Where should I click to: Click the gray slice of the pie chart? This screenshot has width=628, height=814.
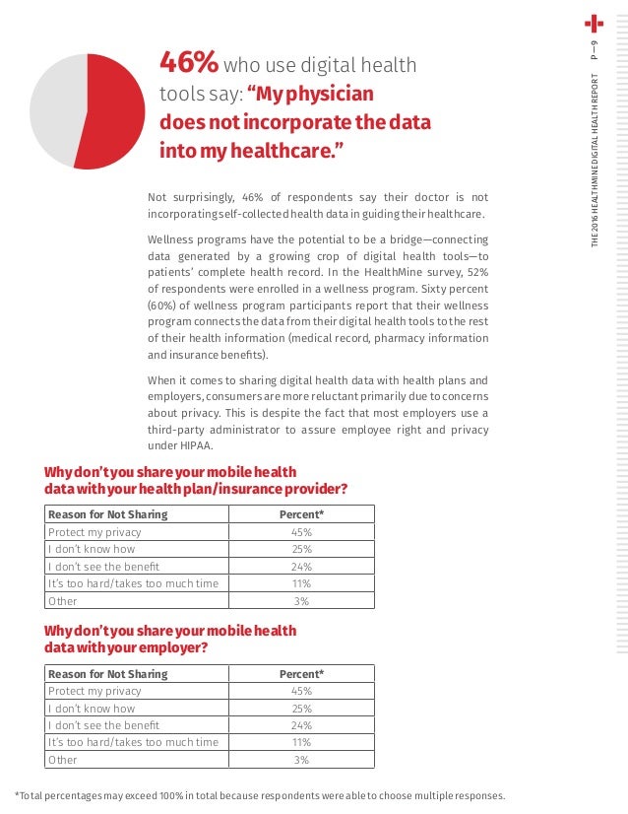point(54,103)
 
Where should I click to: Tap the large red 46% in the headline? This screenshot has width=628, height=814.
point(189,64)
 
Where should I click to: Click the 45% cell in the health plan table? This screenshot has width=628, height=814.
point(301,532)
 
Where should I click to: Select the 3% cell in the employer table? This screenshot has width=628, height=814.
point(301,760)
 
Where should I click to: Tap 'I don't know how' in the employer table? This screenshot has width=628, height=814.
point(92,709)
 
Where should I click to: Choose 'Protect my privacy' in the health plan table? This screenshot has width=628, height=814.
point(94,532)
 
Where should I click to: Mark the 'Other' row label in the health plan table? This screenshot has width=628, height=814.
point(63,601)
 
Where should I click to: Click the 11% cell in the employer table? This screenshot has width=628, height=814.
point(301,742)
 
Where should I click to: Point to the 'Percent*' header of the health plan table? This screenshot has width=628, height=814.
point(301,514)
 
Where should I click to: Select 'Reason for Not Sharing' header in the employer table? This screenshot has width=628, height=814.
point(108,674)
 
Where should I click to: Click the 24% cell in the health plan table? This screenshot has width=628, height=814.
point(301,567)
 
